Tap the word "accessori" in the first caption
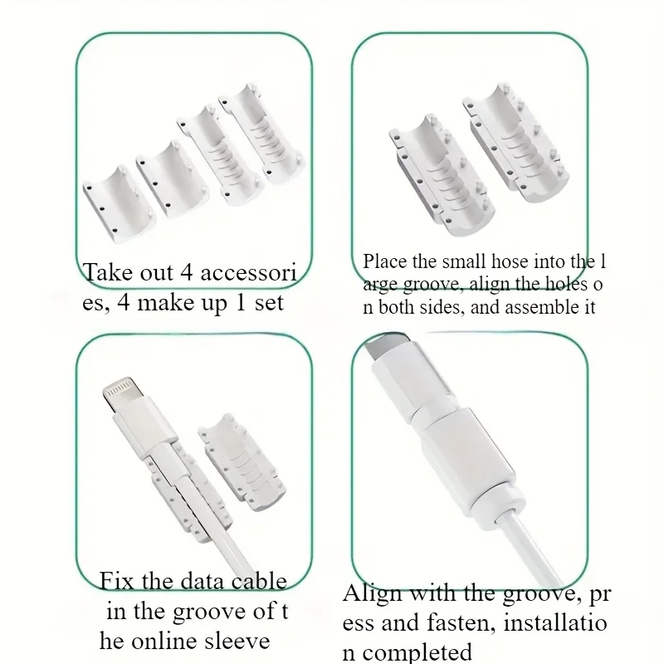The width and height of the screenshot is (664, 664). tap(248, 272)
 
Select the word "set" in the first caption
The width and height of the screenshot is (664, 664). tap(269, 303)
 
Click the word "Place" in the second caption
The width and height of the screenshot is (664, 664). tap(384, 261)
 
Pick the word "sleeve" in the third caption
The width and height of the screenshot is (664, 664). tap(237, 641)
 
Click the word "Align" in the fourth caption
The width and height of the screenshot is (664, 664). tap(372, 594)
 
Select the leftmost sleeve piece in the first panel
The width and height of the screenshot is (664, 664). tap(118, 204)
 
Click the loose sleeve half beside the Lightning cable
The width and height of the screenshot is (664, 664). tap(242, 462)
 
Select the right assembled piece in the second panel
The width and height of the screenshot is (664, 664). tap(515, 143)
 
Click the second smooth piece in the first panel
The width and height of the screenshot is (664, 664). tap(173, 180)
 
